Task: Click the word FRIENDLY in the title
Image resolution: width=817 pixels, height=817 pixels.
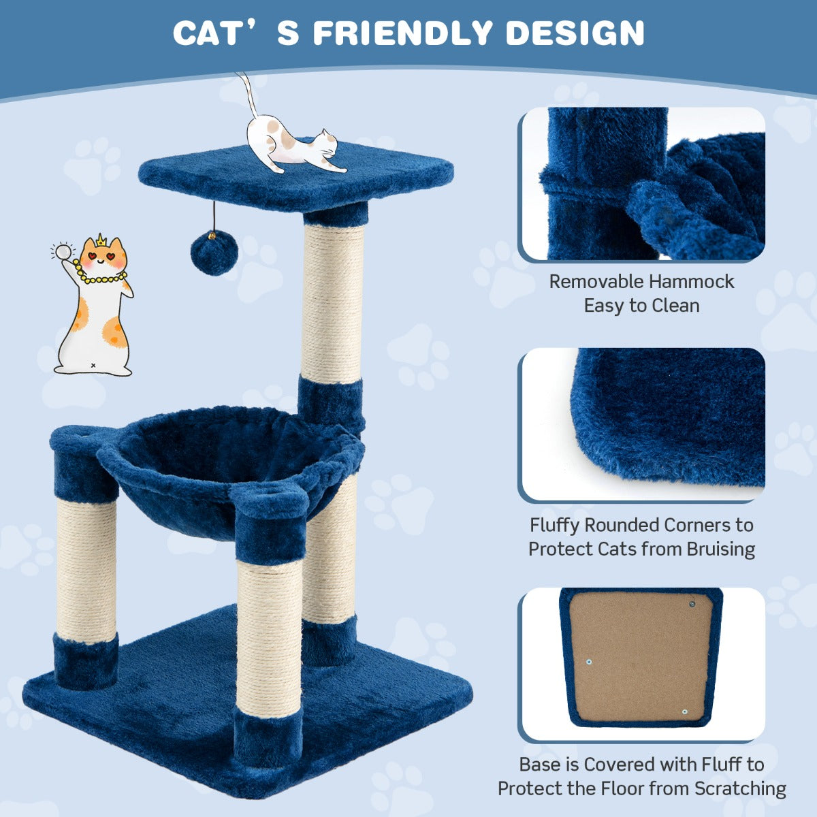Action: pyautogui.click(x=402, y=33)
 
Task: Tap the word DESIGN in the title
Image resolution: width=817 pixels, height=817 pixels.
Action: pyautogui.click(x=575, y=33)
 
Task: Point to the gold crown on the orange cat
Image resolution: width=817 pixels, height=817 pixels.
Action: pyautogui.click(x=101, y=241)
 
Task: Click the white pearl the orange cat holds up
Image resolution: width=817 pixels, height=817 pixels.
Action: pyautogui.click(x=63, y=252)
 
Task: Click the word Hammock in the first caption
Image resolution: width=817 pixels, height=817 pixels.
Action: pyautogui.click(x=692, y=281)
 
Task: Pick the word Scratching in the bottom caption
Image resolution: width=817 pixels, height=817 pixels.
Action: pyautogui.click(x=740, y=788)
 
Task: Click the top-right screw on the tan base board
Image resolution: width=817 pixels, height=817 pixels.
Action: pyautogui.click(x=692, y=604)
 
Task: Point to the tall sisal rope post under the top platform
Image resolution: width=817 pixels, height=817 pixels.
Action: pyautogui.click(x=332, y=303)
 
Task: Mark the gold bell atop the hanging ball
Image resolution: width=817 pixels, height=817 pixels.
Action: pyautogui.click(x=213, y=235)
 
